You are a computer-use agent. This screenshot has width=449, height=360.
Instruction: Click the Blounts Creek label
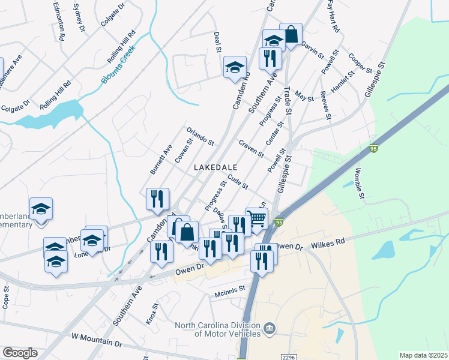tap(120, 66)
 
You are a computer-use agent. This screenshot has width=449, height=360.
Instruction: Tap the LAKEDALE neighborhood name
tap(215, 167)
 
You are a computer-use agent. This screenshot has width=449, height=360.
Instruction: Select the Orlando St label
tap(200, 136)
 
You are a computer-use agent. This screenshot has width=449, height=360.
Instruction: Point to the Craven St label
tap(251, 148)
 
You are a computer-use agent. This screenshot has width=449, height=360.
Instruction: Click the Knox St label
tap(152, 314)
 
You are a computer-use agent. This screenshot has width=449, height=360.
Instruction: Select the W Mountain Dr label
tap(96, 340)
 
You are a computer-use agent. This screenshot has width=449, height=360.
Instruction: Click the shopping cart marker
tap(257, 219)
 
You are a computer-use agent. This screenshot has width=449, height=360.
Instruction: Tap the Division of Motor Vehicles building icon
tap(270, 328)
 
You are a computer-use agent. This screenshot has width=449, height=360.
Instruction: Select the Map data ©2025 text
tap(424, 355)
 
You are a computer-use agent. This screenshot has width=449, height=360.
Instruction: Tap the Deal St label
tap(218, 41)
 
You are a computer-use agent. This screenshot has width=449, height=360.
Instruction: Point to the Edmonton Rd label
tap(58, 20)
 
